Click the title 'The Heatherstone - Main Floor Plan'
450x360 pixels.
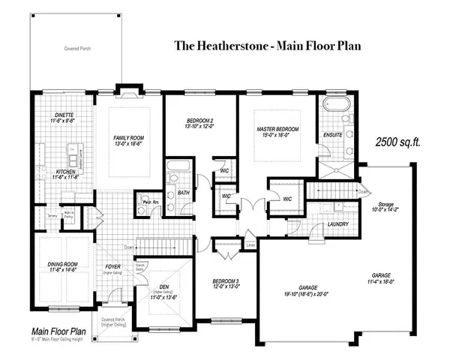coord(268,46)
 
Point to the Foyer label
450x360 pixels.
coord(112,265)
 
